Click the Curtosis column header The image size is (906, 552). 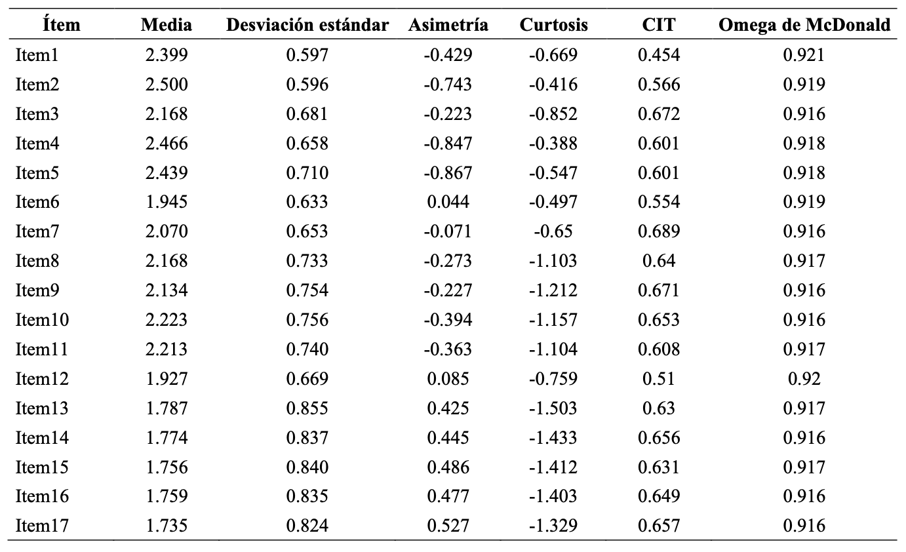553,25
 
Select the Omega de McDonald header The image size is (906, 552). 804,25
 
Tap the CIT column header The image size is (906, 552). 659,25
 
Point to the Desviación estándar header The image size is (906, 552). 307,25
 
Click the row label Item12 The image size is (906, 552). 42,379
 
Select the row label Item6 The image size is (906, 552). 37,202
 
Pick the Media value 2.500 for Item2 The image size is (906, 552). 167,85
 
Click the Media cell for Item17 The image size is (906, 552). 167,526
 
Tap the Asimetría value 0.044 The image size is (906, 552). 448,202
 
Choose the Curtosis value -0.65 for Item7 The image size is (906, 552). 553,231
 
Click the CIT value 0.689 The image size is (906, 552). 659,231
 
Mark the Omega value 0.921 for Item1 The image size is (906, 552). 804,55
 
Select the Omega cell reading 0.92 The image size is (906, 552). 804,379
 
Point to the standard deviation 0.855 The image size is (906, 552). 307,408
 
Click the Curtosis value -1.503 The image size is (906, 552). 553,408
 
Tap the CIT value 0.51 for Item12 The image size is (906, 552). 659,379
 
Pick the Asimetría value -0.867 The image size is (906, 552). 448,172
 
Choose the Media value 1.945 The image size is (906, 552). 167,202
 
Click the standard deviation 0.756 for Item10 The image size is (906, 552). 307,320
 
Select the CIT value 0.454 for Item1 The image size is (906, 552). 659,55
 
